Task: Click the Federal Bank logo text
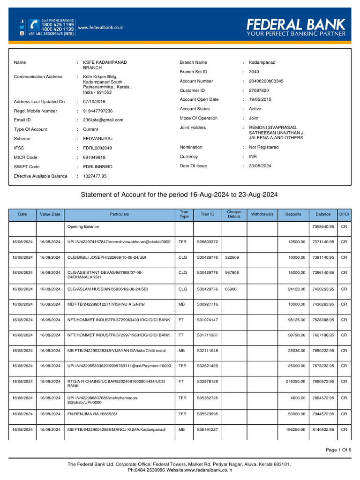point(296,24)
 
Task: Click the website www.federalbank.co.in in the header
point(100,28)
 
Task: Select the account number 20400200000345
point(266,81)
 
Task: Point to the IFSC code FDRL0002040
point(97,148)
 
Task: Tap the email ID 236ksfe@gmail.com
point(103,120)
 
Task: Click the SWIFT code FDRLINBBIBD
point(97,167)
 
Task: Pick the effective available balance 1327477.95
point(95,176)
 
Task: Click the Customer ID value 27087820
point(259,90)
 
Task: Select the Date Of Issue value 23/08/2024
point(260,166)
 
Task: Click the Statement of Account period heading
point(180,195)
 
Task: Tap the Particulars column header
point(120,214)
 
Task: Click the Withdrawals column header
point(262,214)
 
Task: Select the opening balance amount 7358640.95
point(323,227)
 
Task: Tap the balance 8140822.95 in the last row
point(323,430)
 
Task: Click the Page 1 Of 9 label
point(338,450)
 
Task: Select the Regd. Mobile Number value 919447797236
point(97,111)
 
